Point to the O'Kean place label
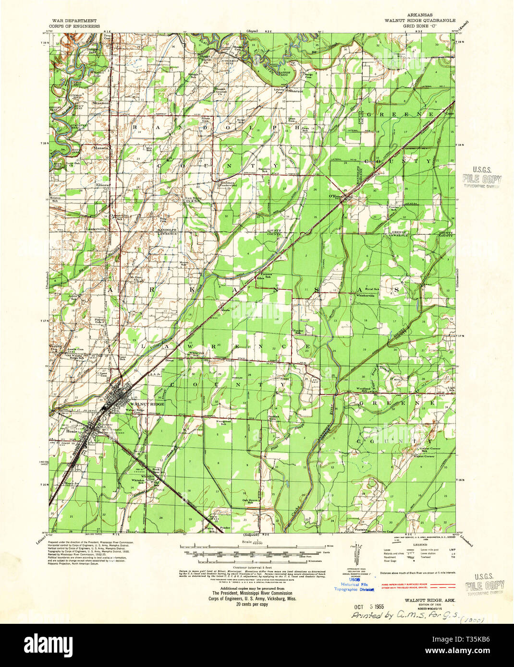(x=334, y=196)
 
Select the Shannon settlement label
(x=101, y=103)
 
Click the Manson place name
(x=101, y=148)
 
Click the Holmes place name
(x=228, y=183)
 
